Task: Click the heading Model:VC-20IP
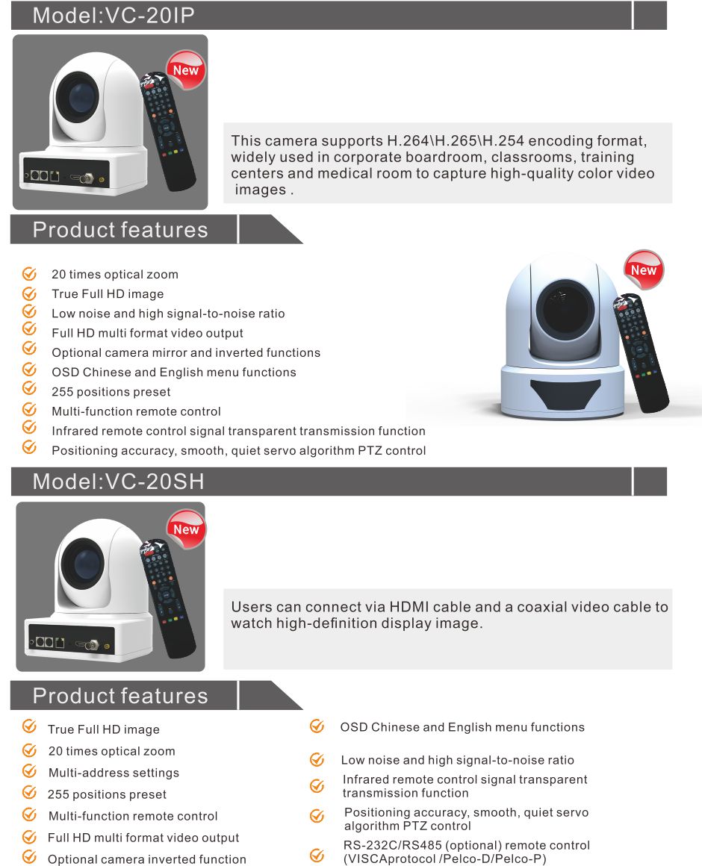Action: pos(114,16)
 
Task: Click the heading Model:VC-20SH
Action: pos(118,482)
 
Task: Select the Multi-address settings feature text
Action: pos(114,773)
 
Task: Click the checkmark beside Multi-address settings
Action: pos(29,771)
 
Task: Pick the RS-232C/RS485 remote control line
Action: pos(466,852)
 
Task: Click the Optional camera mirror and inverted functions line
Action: pos(185,352)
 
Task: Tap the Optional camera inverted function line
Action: pos(146,859)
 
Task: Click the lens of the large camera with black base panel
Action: pos(565,308)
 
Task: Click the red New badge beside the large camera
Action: pos(643,270)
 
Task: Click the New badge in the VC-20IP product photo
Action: pos(185,70)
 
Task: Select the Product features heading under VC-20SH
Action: pos(119,696)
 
